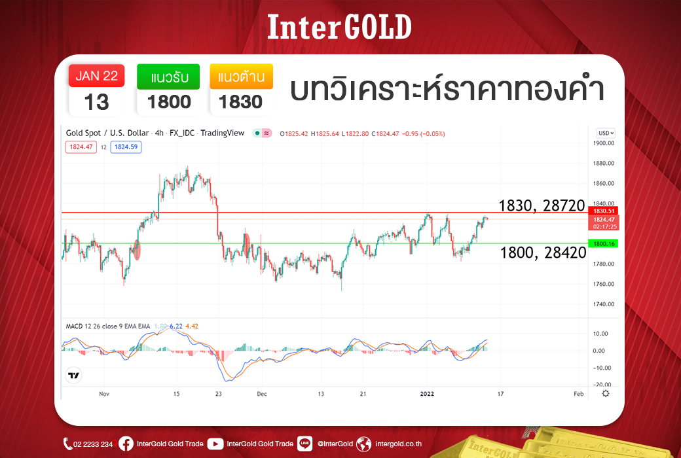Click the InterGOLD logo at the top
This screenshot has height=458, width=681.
point(339,26)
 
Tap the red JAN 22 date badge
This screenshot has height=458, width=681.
point(96,75)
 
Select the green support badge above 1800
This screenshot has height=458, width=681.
point(168,77)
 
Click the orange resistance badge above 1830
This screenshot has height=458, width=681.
point(242,77)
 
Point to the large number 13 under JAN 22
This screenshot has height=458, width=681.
point(96,102)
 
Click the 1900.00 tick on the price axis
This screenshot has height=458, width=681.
point(604,143)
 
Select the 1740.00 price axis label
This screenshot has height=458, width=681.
point(604,304)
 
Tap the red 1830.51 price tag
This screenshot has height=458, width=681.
point(603,211)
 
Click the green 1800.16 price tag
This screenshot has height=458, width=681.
point(603,243)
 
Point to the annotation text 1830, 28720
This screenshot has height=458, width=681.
point(542,206)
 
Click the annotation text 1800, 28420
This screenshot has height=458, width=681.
point(543,252)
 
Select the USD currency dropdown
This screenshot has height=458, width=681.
point(606,133)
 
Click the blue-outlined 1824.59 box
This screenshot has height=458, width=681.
point(126,147)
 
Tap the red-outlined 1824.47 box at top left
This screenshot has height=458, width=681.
point(81,147)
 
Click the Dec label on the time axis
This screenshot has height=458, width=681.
point(262,394)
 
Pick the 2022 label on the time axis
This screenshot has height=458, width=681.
point(427,394)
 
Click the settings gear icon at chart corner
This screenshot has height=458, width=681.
point(606,393)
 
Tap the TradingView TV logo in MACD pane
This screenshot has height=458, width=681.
point(74,375)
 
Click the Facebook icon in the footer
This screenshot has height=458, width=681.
point(126,444)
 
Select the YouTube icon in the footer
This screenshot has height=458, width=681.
point(215,444)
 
